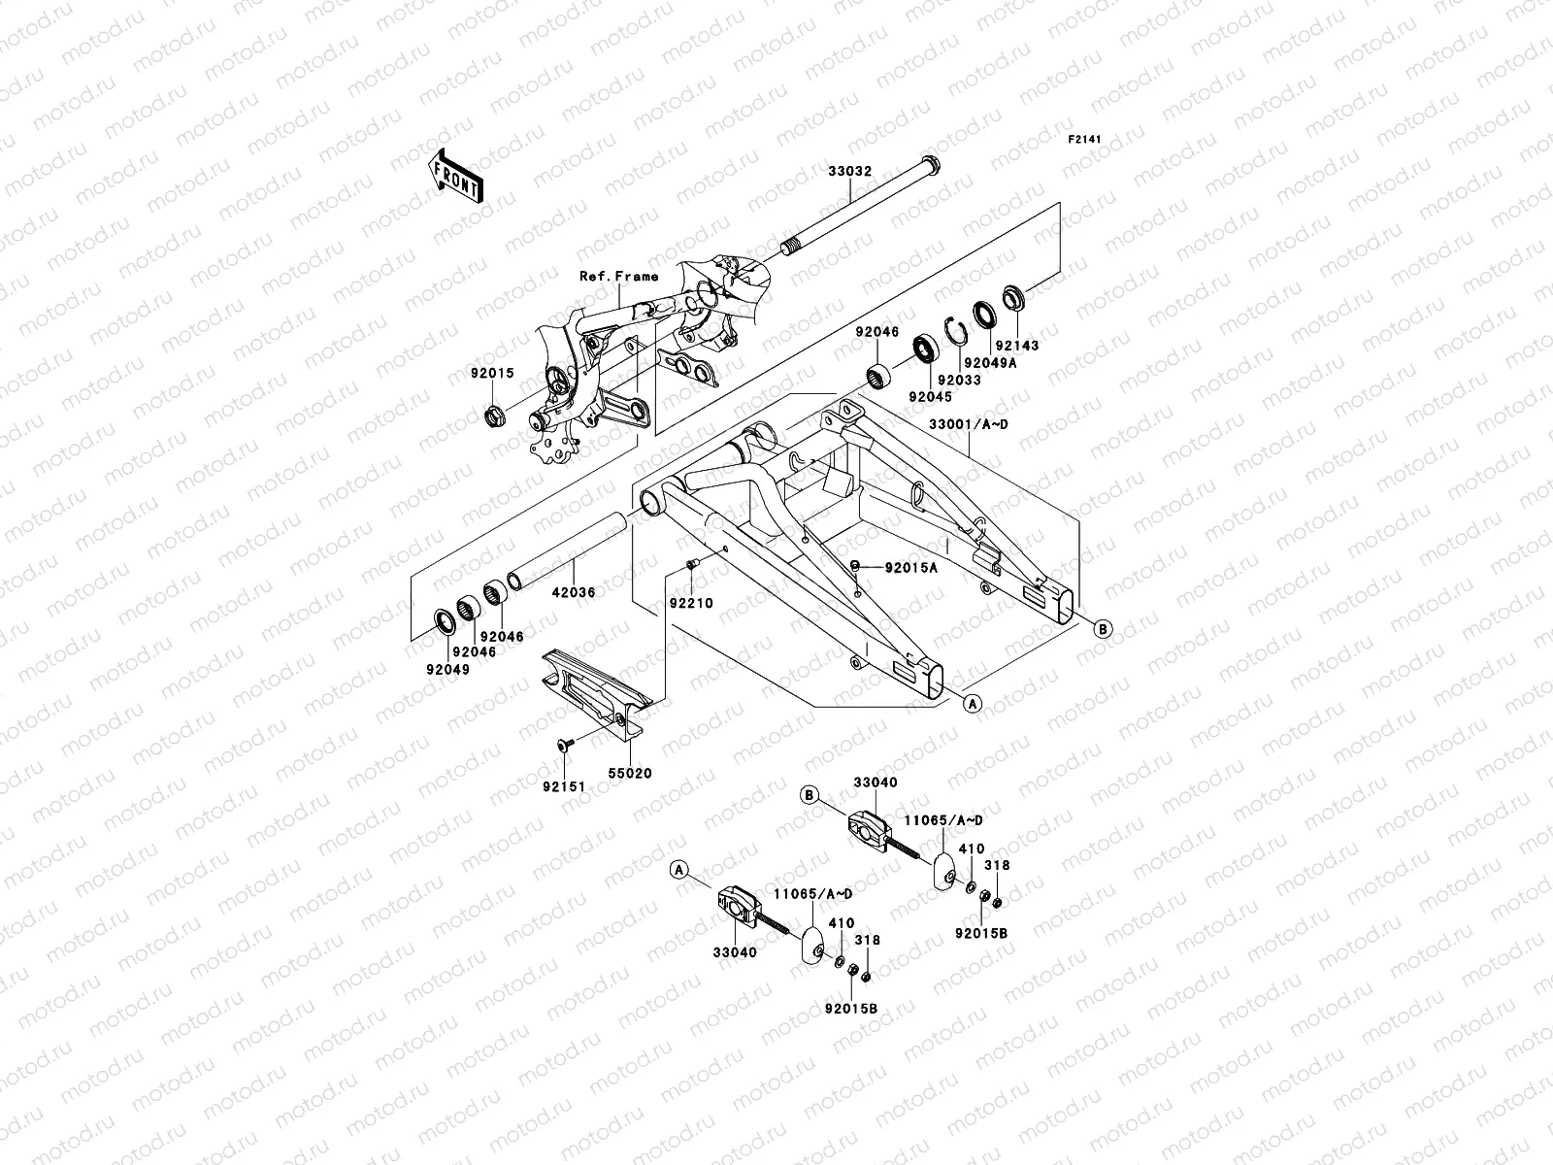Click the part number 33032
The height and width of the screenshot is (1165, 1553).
click(849, 171)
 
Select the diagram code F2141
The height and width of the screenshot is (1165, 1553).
click(1086, 140)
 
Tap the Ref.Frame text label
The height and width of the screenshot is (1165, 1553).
click(618, 277)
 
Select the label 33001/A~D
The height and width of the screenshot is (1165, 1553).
click(969, 425)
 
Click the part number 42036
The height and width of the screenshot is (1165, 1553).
click(573, 590)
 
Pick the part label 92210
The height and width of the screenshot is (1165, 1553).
click(690, 603)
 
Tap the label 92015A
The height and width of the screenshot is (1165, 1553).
click(910, 567)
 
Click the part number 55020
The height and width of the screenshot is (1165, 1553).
click(631, 773)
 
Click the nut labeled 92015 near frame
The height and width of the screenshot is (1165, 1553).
click(494, 417)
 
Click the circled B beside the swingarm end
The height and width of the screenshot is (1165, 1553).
click(1103, 628)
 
